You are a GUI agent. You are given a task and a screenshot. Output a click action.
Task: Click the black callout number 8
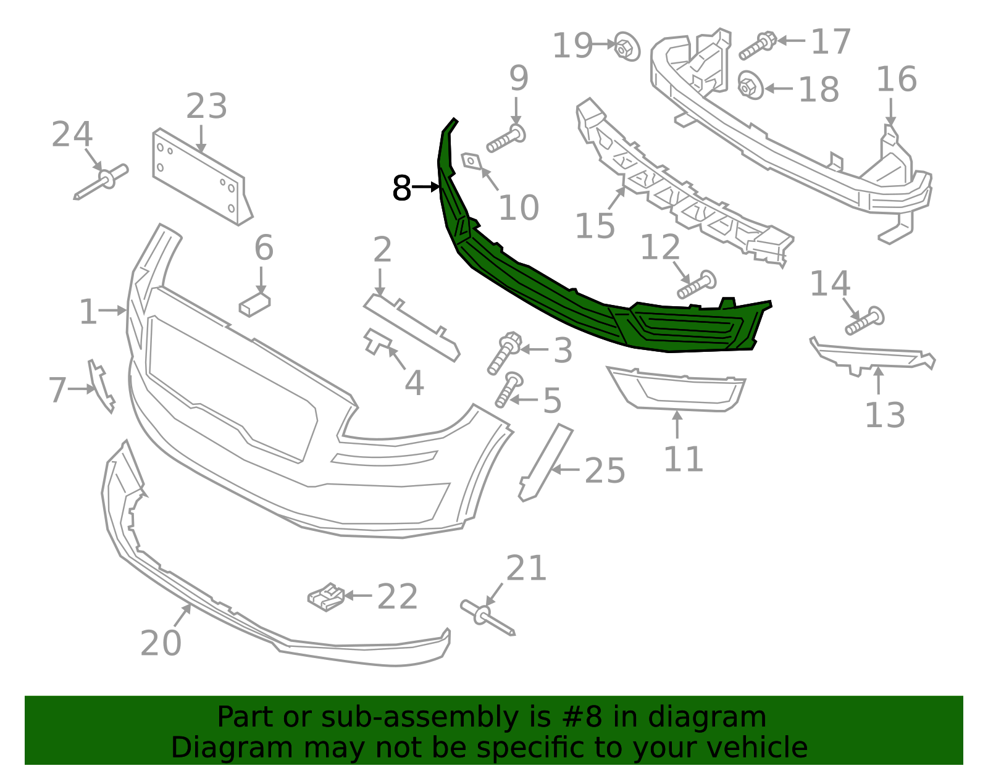coord(401,188)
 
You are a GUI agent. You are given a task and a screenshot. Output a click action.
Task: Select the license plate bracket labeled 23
coord(201,179)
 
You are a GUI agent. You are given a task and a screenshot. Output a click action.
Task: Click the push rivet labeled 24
coord(102,182)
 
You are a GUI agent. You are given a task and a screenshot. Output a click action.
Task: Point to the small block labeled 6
coord(254,305)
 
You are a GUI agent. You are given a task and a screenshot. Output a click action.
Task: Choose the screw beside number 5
coord(508,390)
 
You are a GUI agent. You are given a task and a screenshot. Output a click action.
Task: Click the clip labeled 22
coord(327,597)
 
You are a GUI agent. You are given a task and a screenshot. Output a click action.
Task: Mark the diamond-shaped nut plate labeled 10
coord(472,161)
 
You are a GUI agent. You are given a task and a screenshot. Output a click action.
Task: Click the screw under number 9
coord(506,140)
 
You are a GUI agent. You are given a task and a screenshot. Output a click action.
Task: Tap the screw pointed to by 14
coord(865,320)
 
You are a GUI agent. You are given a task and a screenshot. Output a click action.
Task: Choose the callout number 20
coord(161,643)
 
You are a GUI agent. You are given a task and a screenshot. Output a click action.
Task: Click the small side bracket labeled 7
coord(102,386)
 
